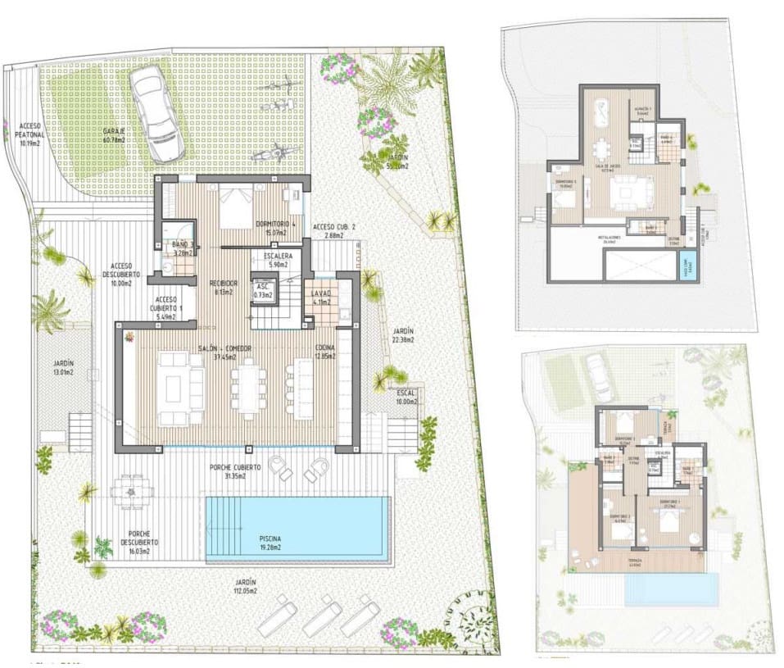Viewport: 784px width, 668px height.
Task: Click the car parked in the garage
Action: (x=156, y=114)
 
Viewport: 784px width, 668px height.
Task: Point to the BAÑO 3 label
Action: (x=183, y=248)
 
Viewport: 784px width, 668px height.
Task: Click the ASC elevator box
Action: (x=263, y=289)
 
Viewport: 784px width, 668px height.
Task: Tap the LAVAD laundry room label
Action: (x=320, y=298)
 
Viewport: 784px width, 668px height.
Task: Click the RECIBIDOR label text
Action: (x=223, y=286)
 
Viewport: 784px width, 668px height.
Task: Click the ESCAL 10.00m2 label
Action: (x=406, y=397)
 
